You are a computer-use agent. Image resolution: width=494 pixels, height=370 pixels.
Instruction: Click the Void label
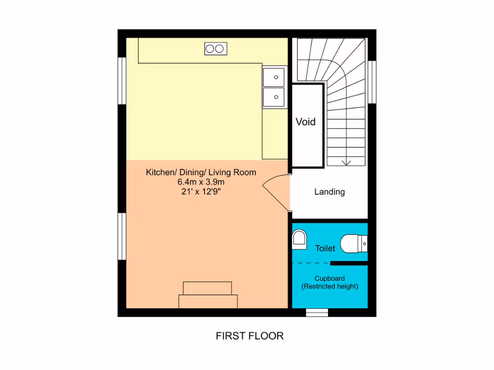coord(305,122)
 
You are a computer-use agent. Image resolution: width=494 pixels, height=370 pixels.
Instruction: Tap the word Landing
coord(329,192)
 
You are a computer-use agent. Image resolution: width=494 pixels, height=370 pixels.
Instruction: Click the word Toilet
coord(325,249)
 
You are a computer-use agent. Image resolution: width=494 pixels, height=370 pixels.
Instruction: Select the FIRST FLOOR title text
coord(249,336)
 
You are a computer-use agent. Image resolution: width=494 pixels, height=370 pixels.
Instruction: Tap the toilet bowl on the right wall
coord(354,244)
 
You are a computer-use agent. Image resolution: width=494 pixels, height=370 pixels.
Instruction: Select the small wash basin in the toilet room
coord(300,239)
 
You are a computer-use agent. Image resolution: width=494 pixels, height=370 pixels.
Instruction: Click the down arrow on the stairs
coord(346,162)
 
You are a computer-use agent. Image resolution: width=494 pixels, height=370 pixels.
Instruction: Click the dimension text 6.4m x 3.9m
coord(201,182)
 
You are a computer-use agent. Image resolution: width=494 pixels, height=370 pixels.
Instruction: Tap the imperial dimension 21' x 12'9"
coord(201,192)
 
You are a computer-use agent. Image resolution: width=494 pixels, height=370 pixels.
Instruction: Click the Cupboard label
coord(329,278)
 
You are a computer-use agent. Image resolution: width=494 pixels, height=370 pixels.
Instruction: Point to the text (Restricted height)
coord(329,287)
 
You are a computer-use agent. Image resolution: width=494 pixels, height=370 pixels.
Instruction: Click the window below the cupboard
coord(317,312)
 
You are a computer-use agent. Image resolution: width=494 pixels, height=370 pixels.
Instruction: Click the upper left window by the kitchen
coord(122,80)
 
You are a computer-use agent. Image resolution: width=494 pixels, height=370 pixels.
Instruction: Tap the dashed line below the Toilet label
coord(311,263)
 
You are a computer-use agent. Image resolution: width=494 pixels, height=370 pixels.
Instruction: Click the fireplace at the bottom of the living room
coord(208,295)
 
